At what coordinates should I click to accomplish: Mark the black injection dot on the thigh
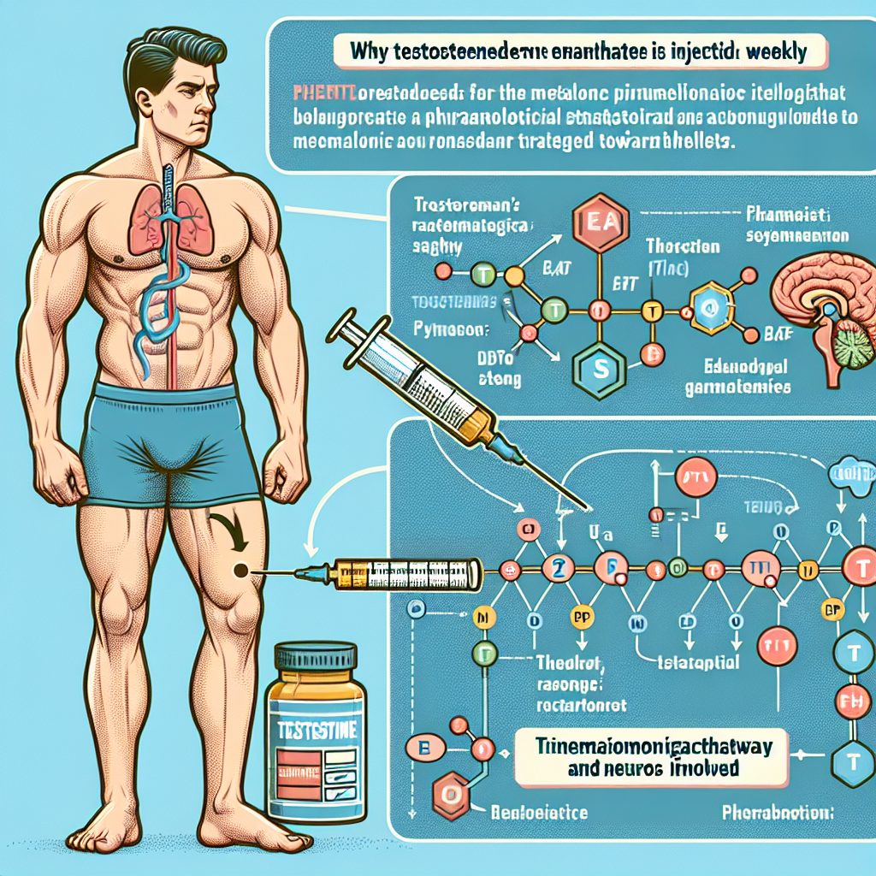[241, 569]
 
